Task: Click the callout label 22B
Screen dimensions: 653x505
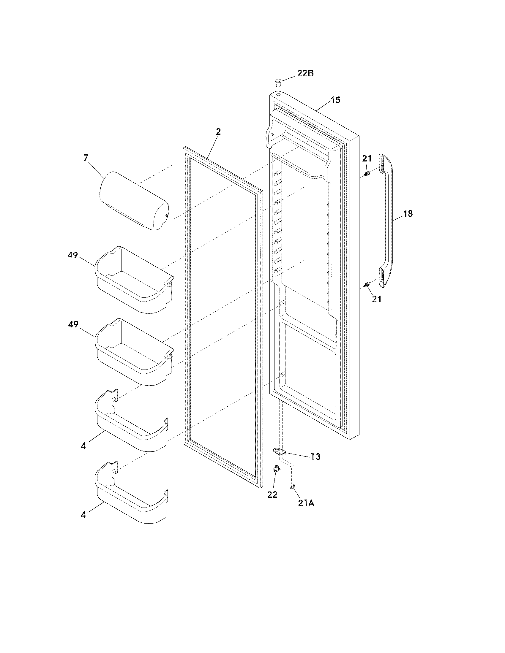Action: (x=305, y=73)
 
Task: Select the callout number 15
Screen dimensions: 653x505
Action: (x=336, y=100)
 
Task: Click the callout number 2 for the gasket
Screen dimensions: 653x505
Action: (x=218, y=131)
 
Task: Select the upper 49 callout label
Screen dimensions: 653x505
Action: (x=73, y=255)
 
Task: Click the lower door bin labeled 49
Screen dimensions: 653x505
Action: (x=134, y=353)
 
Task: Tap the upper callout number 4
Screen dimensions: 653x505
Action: (x=83, y=454)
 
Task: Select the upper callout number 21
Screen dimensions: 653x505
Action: (x=367, y=159)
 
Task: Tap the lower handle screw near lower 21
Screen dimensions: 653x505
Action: (x=367, y=284)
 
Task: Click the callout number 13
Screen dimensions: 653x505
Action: (x=315, y=457)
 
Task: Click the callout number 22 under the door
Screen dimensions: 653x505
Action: (x=272, y=494)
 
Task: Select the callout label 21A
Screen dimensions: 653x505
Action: (x=306, y=503)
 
